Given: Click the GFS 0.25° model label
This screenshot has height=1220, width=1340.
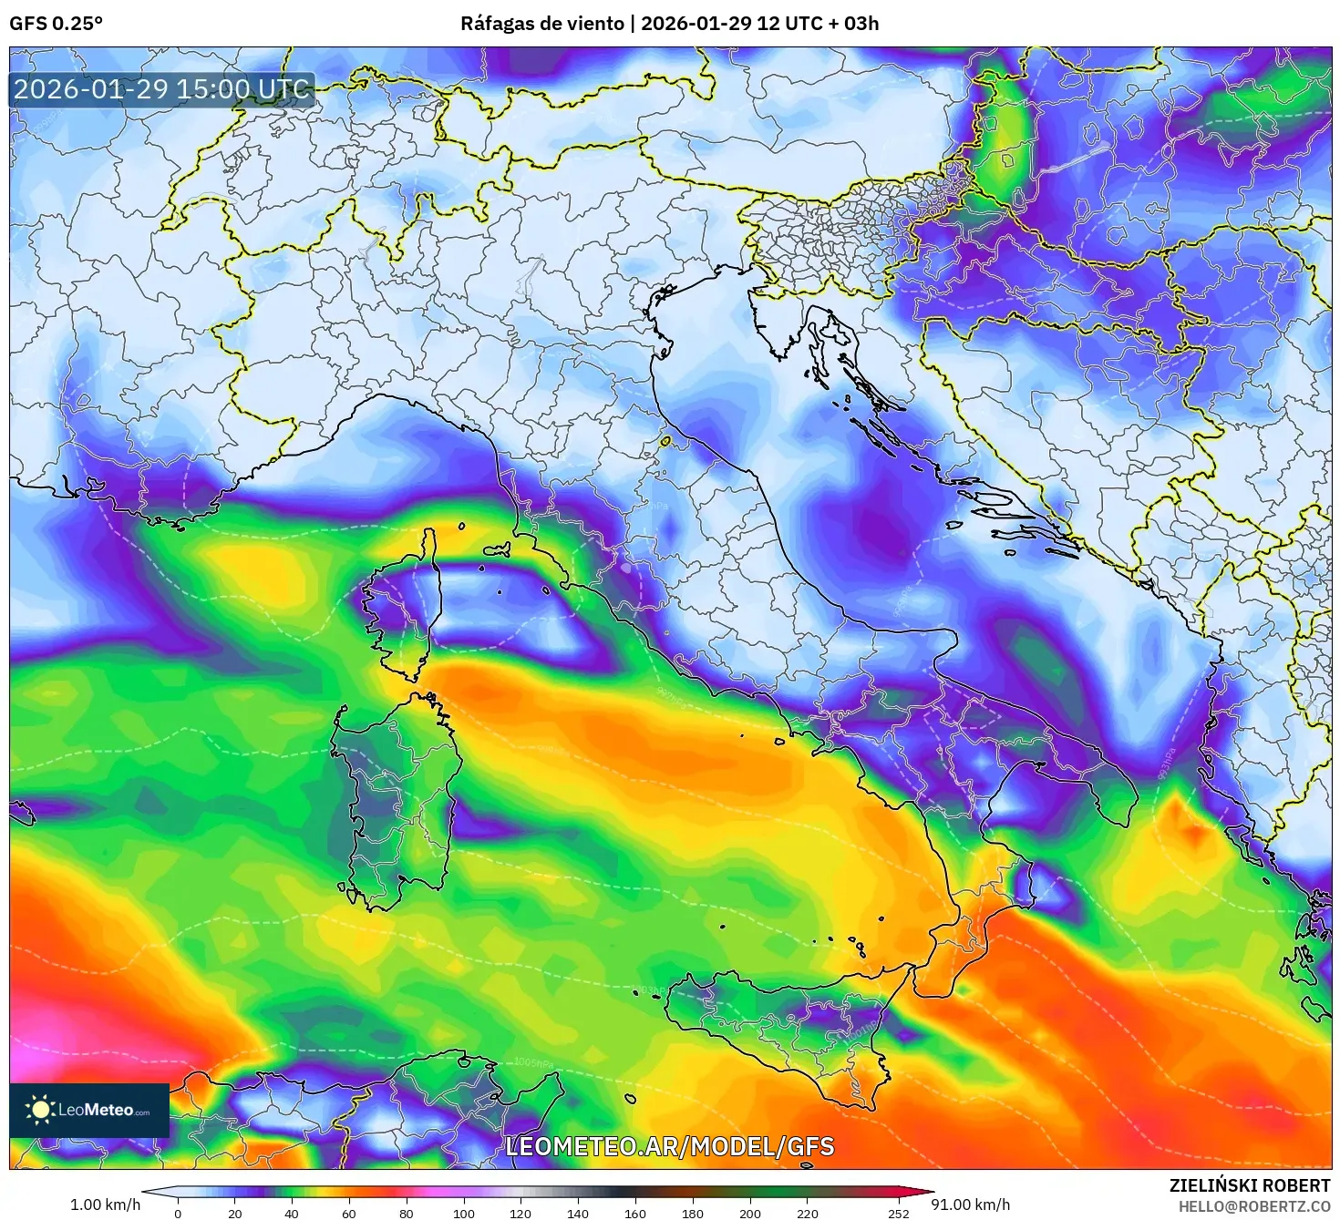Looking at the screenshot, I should pyautogui.click(x=56, y=24).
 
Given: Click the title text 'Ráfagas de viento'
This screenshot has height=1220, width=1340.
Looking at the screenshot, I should pyautogui.click(x=543, y=24).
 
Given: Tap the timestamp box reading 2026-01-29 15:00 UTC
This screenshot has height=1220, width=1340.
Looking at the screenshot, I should pyautogui.click(x=162, y=89).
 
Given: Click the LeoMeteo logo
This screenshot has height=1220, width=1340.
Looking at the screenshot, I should pyautogui.click(x=89, y=1110).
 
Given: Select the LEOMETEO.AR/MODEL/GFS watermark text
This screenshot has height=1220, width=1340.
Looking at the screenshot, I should pyautogui.click(x=669, y=1146).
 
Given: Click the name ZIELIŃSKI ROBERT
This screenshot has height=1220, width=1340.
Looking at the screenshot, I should pyautogui.click(x=1249, y=1185).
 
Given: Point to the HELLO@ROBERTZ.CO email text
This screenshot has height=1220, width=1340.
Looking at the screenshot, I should pyautogui.click(x=1253, y=1205).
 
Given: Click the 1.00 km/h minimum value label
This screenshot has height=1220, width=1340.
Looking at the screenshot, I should pyautogui.click(x=105, y=1205).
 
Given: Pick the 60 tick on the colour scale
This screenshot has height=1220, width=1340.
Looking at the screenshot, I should pyautogui.click(x=349, y=1213).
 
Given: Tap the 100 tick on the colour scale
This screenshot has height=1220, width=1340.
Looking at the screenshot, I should pyautogui.click(x=464, y=1213).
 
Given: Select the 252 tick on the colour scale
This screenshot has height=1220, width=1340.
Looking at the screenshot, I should pyautogui.click(x=899, y=1213).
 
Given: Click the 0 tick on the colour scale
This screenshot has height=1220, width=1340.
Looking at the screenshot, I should pyautogui.click(x=178, y=1213).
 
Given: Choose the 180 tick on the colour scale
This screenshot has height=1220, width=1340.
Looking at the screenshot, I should pyautogui.click(x=693, y=1213).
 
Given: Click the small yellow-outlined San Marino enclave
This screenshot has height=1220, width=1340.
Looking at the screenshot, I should pyautogui.click(x=665, y=441).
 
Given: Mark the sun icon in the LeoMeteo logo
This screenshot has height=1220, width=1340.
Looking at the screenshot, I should pyautogui.click(x=40, y=1110).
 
